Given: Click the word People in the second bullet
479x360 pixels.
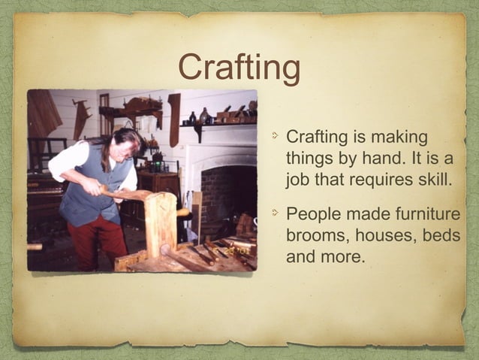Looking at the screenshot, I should coord(314,215).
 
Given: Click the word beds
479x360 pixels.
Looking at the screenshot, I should coord(441,236).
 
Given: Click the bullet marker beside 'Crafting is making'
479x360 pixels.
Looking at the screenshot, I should coord(276,138).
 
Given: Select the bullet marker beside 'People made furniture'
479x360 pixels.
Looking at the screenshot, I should coord(276,215).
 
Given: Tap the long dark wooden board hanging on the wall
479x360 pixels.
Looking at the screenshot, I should coord(175,119).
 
